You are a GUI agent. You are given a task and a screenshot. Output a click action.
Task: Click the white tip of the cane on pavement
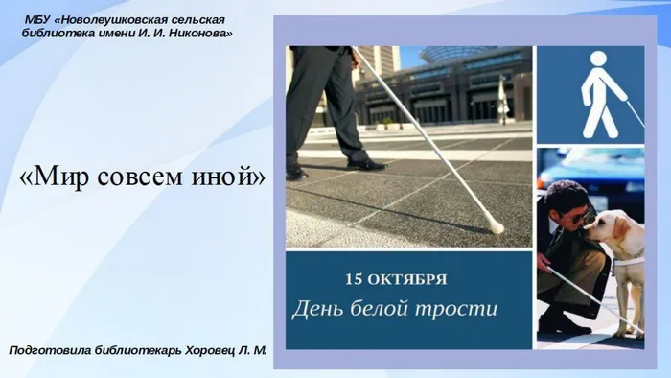coord(497,228)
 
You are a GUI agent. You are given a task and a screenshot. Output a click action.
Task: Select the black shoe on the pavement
coord(365,164)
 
